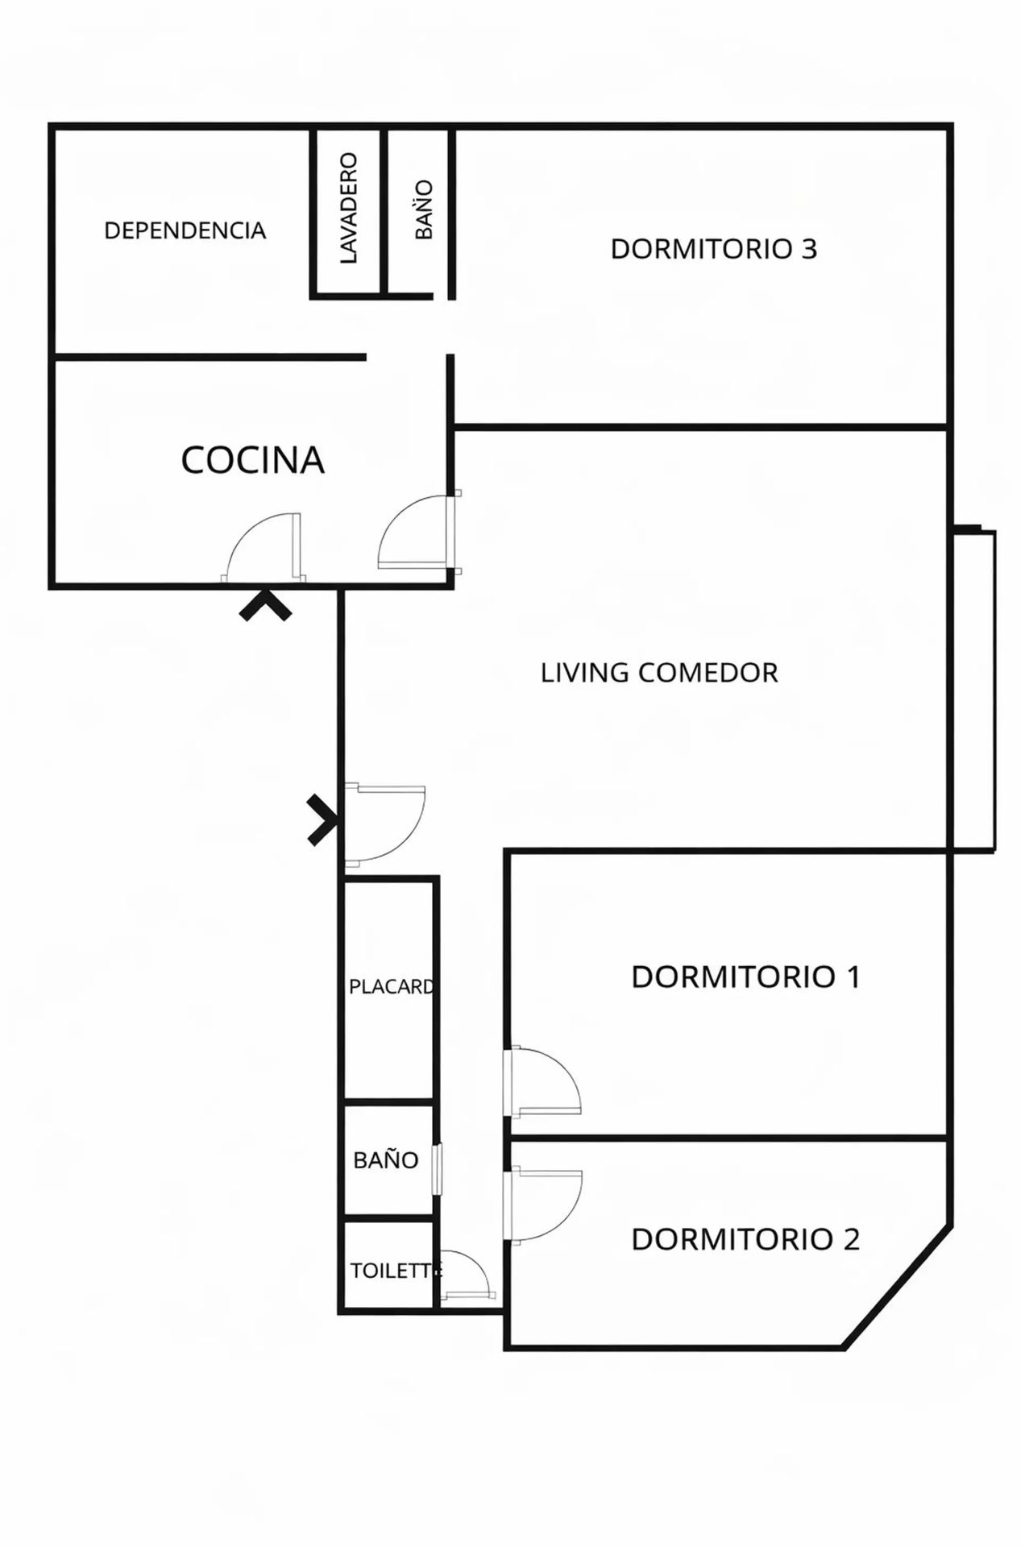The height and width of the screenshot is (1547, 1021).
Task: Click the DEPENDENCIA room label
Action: pos(185,230)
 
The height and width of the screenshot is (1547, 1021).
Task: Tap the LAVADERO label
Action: pos(348,208)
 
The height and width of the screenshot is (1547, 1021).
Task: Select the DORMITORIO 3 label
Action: pos(714,249)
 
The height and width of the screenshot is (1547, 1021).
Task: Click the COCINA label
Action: pos(252,460)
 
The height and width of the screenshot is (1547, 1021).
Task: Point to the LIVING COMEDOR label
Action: pos(659,673)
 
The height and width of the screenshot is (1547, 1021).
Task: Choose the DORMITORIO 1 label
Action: pos(745,977)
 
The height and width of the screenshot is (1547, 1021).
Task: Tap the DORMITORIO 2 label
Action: pos(745,1239)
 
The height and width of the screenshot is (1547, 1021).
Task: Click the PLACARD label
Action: pos(392,987)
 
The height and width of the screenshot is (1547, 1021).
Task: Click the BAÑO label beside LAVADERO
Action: pos(425,209)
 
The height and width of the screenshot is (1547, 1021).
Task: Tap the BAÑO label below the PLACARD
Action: pos(386,1160)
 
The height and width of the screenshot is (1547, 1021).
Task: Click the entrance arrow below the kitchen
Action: pos(265,606)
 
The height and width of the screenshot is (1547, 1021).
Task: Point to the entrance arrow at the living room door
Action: pos(322,820)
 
